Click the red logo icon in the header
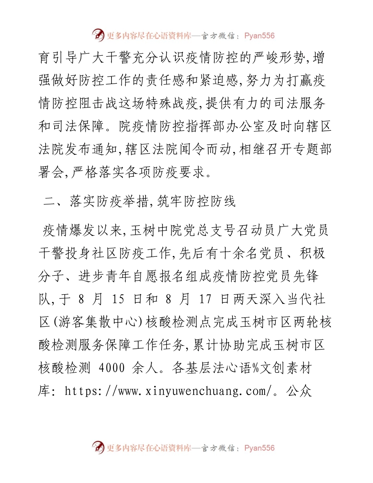(99, 36)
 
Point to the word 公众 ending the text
(300, 392)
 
